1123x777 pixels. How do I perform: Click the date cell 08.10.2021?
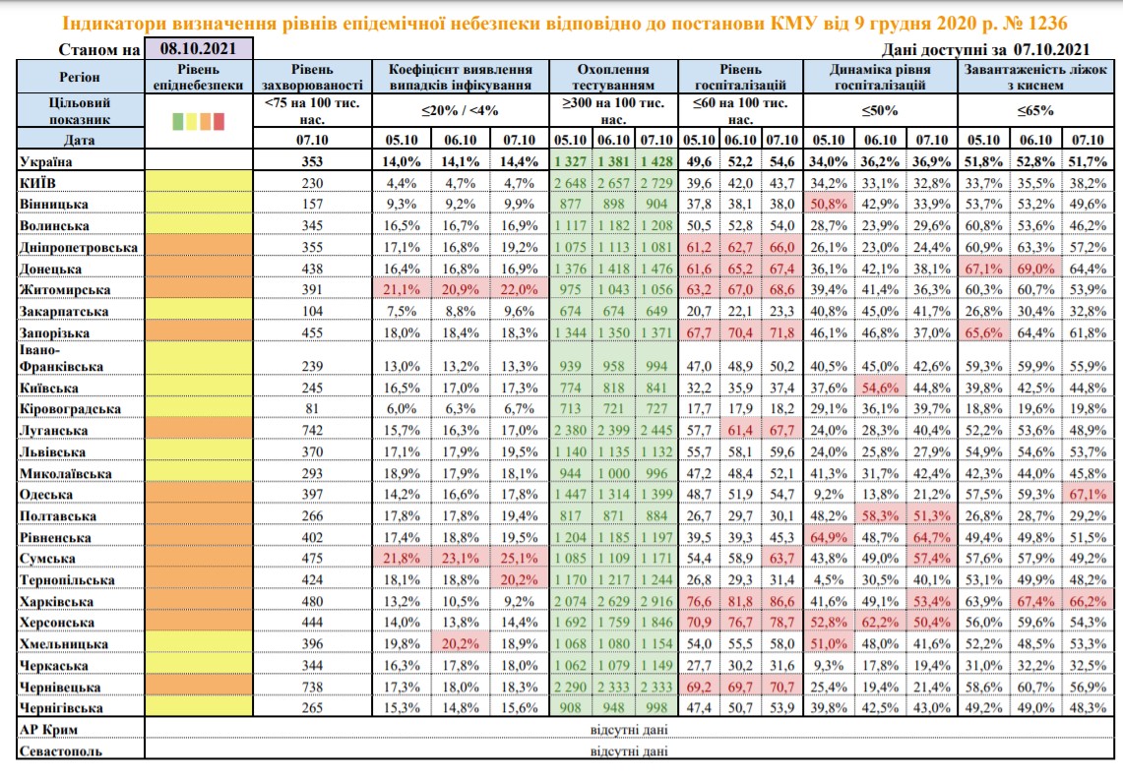(x=199, y=48)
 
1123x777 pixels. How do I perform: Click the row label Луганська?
(x=54, y=431)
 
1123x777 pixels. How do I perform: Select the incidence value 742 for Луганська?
(x=312, y=430)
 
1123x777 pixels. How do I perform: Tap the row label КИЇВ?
(x=37, y=183)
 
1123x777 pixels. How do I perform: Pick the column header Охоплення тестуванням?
(x=613, y=77)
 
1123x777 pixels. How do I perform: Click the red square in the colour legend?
(x=218, y=121)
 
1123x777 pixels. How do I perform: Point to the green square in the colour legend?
(x=177, y=121)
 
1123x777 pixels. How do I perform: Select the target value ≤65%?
(x=1035, y=111)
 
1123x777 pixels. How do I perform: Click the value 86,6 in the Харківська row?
(x=781, y=601)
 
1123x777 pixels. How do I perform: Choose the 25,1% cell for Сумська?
(x=520, y=558)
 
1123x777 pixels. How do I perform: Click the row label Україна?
(x=46, y=161)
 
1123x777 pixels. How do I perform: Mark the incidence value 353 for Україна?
(x=312, y=161)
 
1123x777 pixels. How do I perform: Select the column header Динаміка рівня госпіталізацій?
(x=880, y=77)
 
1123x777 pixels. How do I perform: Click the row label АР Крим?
(x=48, y=730)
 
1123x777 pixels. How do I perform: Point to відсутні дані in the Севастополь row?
(x=629, y=751)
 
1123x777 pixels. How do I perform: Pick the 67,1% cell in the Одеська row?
(x=1088, y=495)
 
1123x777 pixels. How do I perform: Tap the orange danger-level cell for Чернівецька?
(x=199, y=687)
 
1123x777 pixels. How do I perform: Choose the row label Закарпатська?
(x=64, y=312)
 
